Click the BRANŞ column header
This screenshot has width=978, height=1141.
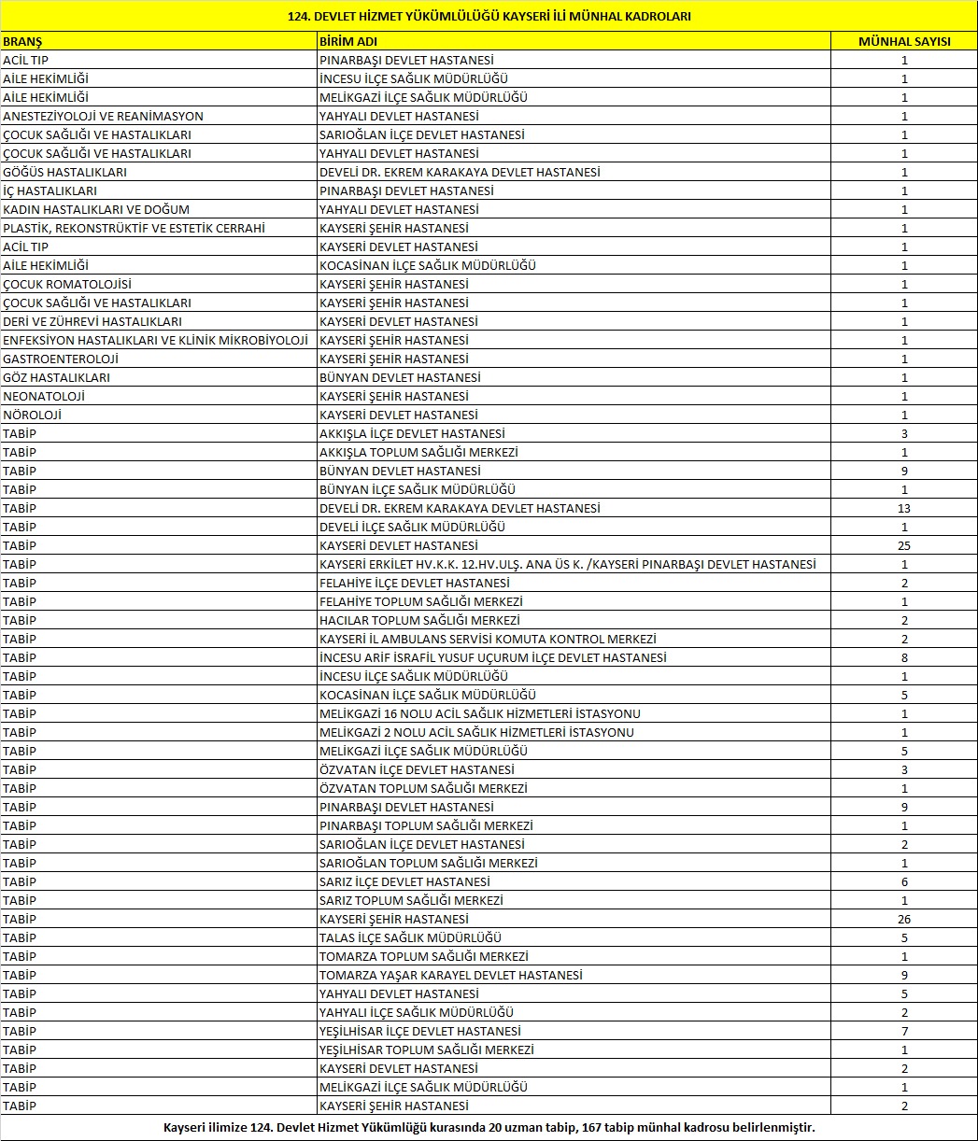[22, 42]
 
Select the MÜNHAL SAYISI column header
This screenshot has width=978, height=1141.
[904, 42]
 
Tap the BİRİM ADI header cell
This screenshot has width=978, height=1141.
[348, 42]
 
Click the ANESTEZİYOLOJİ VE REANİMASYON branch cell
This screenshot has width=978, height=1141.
[103, 117]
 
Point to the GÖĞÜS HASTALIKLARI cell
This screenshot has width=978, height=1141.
[64, 173]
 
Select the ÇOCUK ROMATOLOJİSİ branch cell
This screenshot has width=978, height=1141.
[67, 285]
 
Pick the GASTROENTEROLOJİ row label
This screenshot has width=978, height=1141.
[61, 359]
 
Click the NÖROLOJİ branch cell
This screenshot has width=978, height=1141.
[32, 416]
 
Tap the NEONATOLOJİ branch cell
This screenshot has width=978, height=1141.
[44, 397]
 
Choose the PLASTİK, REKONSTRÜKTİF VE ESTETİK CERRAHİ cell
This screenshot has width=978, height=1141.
[134, 229]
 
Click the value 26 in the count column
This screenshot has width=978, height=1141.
[904, 920]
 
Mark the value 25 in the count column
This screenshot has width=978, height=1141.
[904, 546]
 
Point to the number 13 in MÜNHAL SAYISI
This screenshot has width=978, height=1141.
[904, 509]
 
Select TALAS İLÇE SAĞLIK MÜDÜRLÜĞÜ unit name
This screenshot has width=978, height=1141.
[410, 938]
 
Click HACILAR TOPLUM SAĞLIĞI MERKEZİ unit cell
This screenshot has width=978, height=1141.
[419, 621]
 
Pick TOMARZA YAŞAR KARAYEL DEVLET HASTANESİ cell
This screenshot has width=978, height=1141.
[450, 976]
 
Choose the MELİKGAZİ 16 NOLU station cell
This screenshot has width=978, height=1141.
[479, 714]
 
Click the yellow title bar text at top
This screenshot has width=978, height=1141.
[489, 16]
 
